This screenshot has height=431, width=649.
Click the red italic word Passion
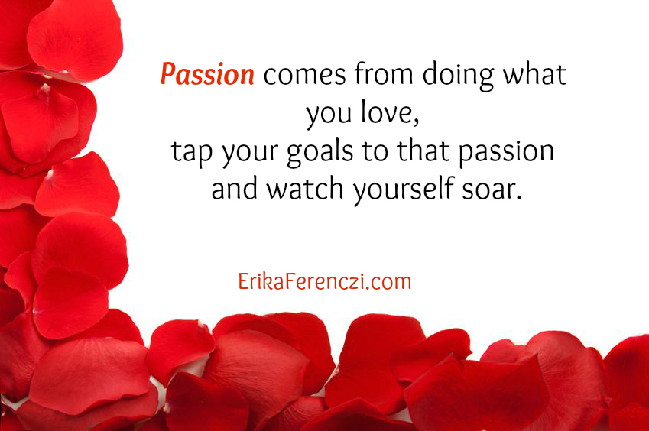207,74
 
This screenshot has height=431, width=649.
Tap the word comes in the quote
305,76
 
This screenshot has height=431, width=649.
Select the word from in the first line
384,74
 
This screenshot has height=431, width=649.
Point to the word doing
458,76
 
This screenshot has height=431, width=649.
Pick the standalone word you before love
329,115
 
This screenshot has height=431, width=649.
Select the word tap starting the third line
192,153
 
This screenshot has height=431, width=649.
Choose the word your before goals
249,154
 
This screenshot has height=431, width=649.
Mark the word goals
320,152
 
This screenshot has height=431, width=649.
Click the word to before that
375,151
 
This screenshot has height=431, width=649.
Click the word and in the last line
234,188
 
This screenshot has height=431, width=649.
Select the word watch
305,188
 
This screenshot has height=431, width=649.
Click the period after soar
518,197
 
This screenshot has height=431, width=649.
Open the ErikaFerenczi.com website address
324,281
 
